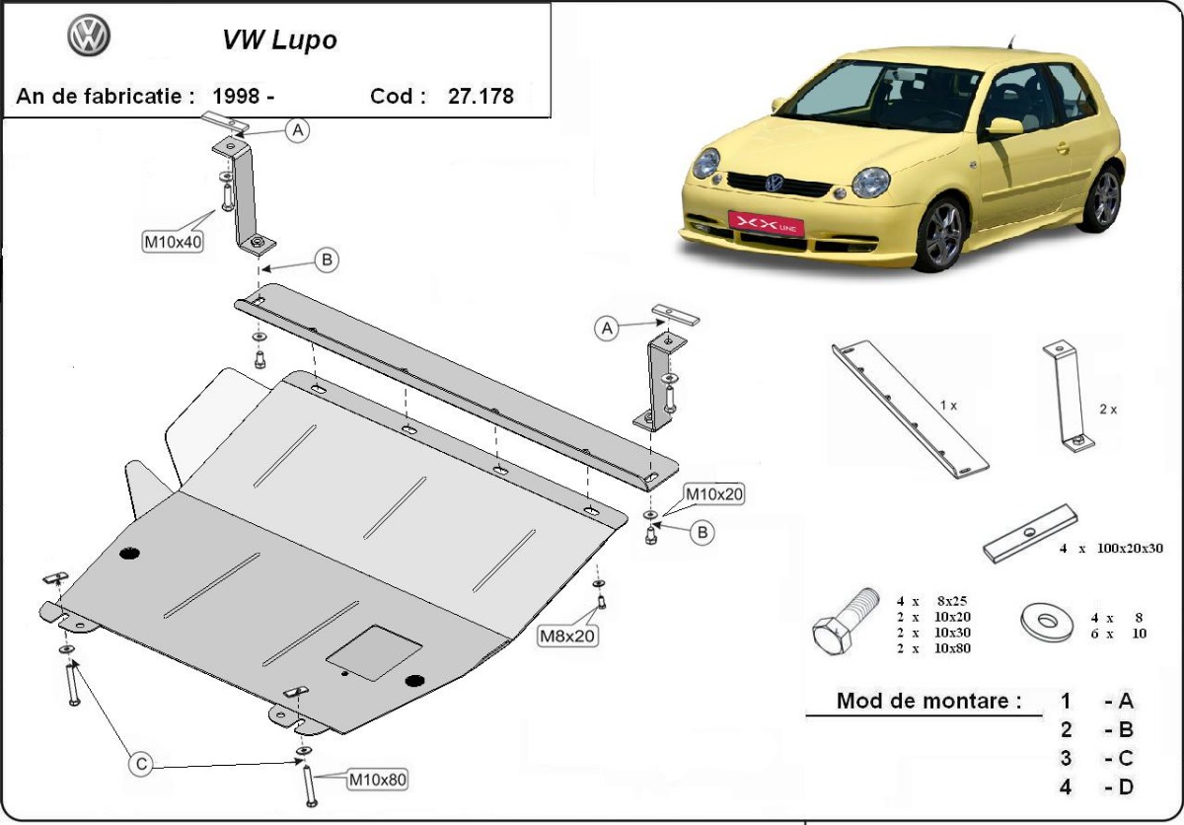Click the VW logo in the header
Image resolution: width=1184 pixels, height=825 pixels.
click(x=89, y=37)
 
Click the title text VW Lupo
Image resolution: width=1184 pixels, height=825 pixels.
click(x=279, y=40)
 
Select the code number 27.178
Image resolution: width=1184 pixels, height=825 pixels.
click(x=481, y=97)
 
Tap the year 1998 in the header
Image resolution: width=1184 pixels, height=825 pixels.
click(x=236, y=97)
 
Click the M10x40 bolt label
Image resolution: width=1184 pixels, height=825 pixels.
click(x=173, y=242)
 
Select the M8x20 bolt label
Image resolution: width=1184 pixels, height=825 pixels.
click(x=565, y=637)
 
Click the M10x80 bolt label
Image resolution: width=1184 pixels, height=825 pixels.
click(x=377, y=780)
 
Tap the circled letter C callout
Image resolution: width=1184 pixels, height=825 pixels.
click(x=141, y=763)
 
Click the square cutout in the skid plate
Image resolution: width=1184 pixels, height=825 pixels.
click(x=374, y=650)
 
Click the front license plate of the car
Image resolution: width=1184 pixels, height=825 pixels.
click(x=766, y=224)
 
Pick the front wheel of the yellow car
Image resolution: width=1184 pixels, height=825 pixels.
click(x=939, y=233)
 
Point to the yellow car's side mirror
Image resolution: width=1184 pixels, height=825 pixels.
click(x=1004, y=126)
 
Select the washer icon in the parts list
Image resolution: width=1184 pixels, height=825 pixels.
click(x=1048, y=622)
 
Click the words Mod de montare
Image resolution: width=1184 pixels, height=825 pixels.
click(x=928, y=702)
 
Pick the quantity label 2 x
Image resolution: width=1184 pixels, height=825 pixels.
click(x=1107, y=409)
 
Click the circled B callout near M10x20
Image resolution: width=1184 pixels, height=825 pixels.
click(x=703, y=533)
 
